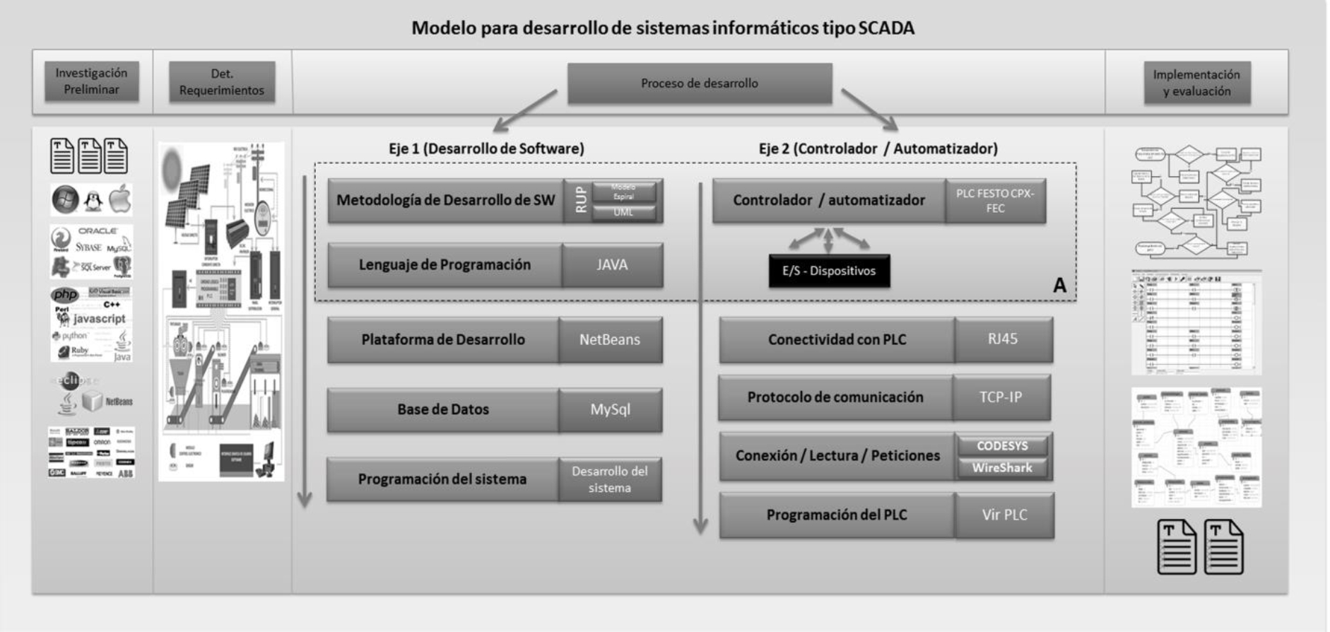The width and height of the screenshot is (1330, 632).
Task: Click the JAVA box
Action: click(612, 265)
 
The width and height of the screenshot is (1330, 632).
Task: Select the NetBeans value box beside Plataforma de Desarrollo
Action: click(610, 340)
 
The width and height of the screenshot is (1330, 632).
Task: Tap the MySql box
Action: click(610, 410)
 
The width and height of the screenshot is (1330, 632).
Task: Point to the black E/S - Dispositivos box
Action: click(829, 271)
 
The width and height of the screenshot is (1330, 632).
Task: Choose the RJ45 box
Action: click(1003, 339)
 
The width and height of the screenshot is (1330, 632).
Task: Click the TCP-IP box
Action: click(1001, 397)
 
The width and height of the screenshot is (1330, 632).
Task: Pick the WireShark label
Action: click(1002, 468)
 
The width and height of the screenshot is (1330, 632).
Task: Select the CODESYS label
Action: click(1002, 446)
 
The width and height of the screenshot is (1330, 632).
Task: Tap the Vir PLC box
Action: click(1004, 515)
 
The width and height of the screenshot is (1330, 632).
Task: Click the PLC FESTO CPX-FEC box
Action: click(995, 201)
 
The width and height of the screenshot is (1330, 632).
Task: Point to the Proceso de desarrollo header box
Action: click(700, 83)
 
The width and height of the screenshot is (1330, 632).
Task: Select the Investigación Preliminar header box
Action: click(92, 81)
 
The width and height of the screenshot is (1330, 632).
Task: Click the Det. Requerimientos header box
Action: click(222, 82)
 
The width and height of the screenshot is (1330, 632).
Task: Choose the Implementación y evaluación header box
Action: click(1196, 83)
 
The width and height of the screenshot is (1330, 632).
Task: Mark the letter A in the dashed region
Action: click(1059, 285)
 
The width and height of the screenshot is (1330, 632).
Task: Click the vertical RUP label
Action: click(581, 200)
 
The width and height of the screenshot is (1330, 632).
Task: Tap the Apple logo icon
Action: click(120, 200)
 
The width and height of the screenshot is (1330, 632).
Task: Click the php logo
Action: click(65, 295)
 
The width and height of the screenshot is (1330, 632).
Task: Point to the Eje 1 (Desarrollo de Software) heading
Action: click(486, 148)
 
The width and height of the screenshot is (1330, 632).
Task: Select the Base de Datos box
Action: click(442, 410)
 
